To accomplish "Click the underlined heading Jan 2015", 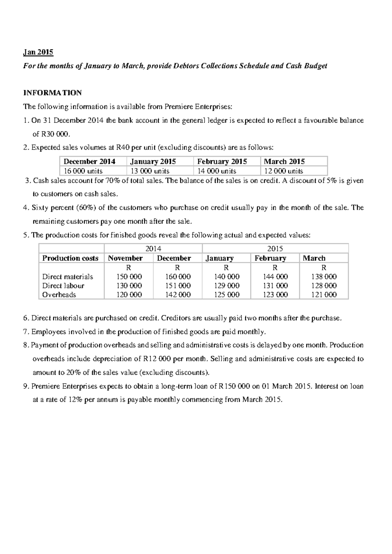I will [38, 52].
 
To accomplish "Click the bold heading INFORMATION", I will [52, 93].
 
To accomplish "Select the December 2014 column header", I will [89, 161].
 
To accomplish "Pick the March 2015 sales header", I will [284, 161].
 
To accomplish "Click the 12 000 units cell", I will [283, 171].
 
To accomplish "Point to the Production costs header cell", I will [70, 258].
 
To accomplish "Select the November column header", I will [125, 258].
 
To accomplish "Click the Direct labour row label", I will [63, 285].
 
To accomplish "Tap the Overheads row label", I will [59, 295].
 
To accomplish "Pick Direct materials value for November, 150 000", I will [129, 276].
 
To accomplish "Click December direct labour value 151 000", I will [178, 285].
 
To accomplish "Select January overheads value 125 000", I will [226, 295].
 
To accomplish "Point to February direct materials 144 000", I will [275, 276].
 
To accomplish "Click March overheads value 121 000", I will [324, 295].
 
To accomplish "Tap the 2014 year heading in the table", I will [153, 249].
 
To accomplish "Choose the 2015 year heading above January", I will [275, 249].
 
